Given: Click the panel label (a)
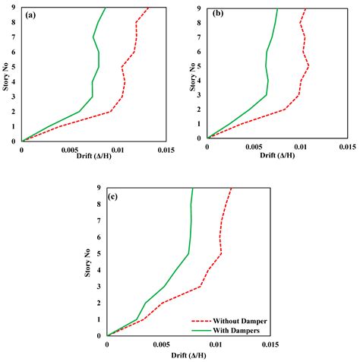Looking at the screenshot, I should click(x=34, y=14).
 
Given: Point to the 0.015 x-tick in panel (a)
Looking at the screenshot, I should click(x=163, y=149).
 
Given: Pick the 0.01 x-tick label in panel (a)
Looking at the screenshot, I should click(x=117, y=149).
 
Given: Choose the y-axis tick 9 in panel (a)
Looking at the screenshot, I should click(x=15, y=8).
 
